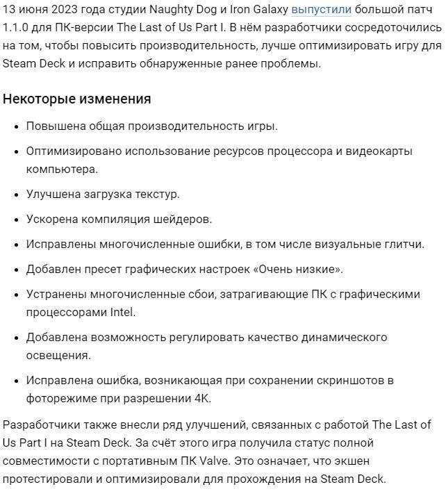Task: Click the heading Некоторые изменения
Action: click(77, 99)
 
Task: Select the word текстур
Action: click(156, 194)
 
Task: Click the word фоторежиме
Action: click(58, 398)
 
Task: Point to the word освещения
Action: click(58, 355)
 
